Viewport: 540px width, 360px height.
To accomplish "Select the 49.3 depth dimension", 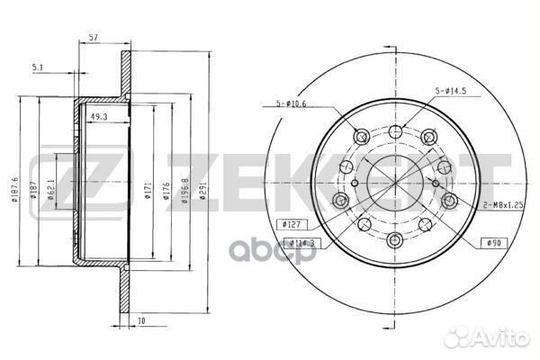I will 98,115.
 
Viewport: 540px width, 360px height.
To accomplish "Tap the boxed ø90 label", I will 491,243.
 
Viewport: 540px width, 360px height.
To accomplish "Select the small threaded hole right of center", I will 435,184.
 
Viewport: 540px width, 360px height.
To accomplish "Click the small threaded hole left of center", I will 355,184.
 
